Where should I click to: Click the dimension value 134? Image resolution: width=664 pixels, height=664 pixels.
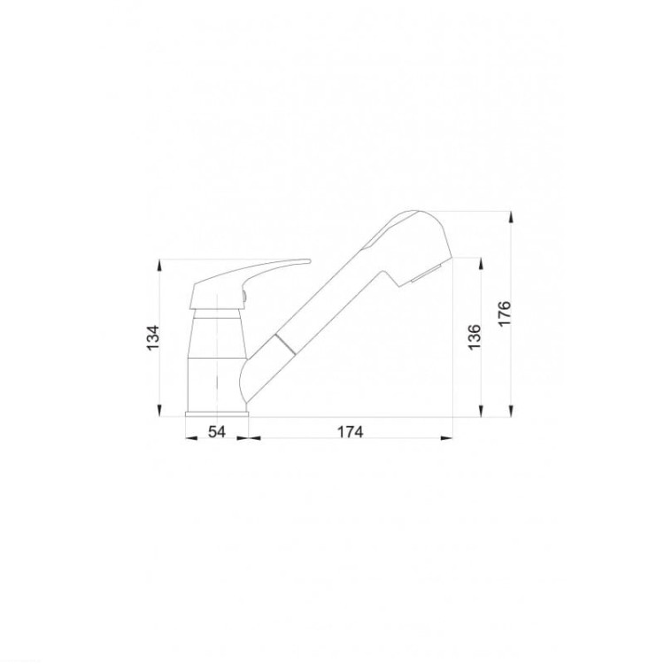point(153,336)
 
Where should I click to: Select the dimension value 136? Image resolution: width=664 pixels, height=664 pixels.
point(475,336)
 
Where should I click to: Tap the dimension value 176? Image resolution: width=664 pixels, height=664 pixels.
point(505,313)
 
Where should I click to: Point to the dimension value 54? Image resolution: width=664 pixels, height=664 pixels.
point(217,432)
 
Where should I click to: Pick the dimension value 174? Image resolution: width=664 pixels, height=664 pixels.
point(351,432)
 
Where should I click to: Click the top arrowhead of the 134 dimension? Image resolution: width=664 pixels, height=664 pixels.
point(159,265)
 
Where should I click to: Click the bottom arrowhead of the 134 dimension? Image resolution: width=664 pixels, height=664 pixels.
point(159,411)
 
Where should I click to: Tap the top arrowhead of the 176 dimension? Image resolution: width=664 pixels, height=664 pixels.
point(511,217)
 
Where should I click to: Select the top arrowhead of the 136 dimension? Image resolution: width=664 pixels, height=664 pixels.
point(481,264)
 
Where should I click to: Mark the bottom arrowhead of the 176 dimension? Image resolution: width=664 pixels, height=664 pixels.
point(511,411)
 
